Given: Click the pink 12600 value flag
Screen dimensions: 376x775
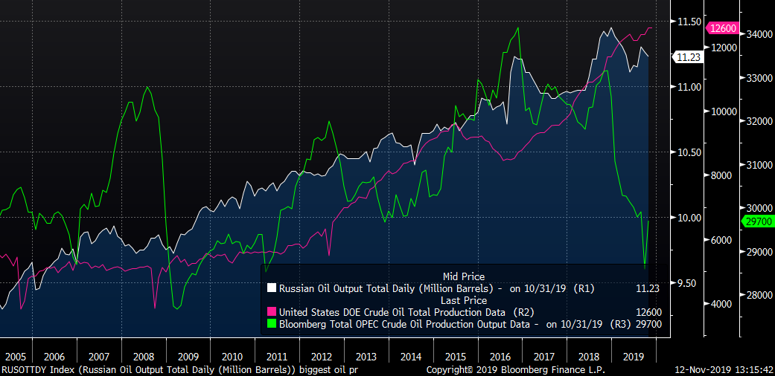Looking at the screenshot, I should pos(722,28).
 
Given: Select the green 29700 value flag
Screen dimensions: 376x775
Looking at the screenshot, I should pos(758,221).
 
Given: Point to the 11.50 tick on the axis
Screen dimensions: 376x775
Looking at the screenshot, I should pos(686,22).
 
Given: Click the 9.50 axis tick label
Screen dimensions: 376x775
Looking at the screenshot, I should pos(686,283).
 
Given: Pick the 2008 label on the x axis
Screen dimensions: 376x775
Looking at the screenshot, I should pos(144,357).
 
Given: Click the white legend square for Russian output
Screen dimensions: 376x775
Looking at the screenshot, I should pos(271,288).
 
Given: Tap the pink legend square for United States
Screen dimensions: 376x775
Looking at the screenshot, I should pos(271,311).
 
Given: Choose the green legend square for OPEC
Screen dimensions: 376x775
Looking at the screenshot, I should pos(271,324).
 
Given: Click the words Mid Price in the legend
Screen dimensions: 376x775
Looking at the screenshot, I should pos(463,276).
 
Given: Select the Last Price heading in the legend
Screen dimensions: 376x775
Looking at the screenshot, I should pos(463,299).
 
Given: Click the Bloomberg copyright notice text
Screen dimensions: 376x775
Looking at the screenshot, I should pos(515,369).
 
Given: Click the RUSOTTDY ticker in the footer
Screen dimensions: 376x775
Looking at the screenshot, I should pos(25,369).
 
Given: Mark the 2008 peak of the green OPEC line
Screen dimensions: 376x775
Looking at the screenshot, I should pos(147,88).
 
